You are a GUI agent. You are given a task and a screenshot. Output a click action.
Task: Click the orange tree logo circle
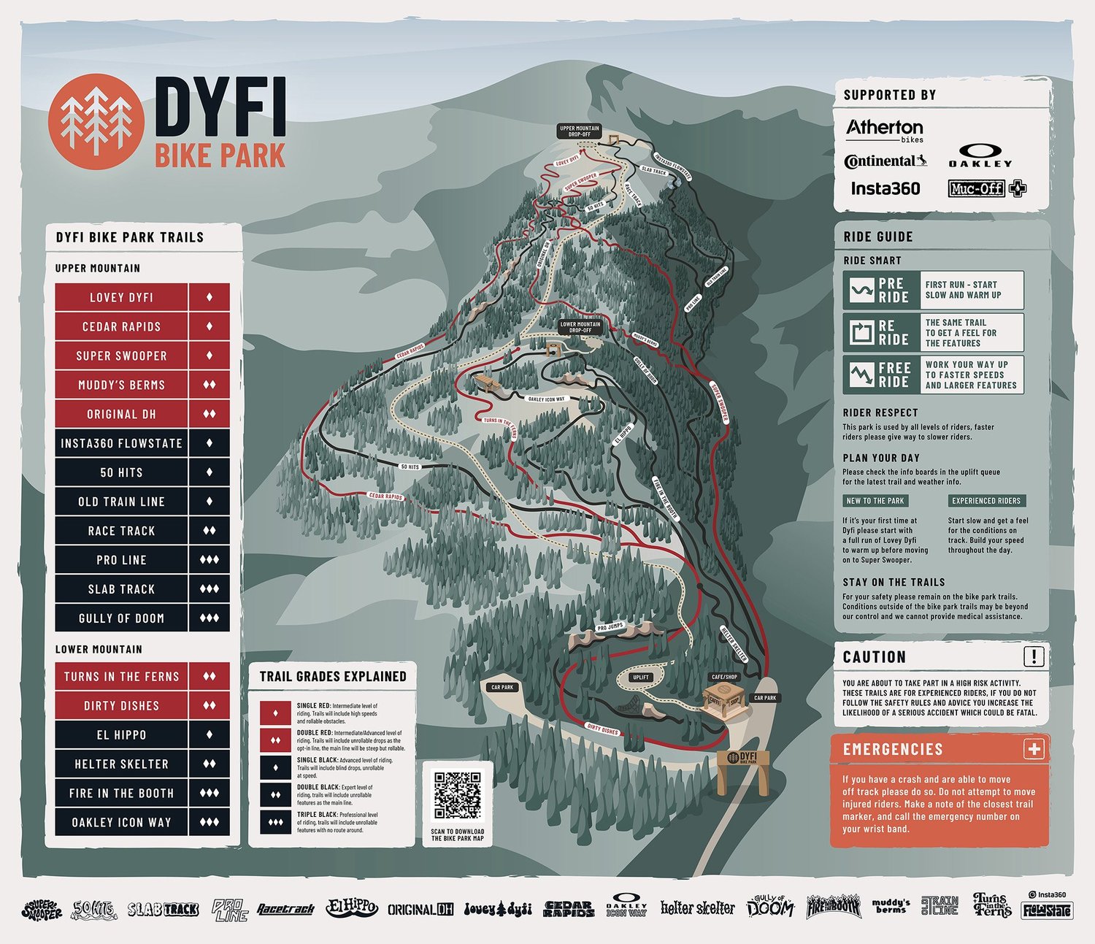95,121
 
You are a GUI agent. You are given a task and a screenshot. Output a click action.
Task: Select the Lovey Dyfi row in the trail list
122,298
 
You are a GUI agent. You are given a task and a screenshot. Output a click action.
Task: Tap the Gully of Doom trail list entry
122,618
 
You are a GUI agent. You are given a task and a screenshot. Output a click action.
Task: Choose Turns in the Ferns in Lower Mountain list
122,677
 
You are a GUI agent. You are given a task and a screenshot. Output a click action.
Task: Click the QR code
458,795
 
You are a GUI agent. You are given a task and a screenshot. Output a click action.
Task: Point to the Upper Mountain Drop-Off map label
579,131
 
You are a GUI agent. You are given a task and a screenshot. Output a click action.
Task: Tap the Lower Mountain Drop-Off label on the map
580,327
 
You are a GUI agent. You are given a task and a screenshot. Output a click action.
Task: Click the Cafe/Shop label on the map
724,677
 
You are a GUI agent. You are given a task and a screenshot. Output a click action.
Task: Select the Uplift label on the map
641,677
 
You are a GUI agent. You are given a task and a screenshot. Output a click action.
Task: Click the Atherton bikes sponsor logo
885,130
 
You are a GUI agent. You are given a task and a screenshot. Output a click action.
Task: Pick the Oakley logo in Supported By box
980,155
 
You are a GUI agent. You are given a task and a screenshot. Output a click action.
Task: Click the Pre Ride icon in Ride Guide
861,291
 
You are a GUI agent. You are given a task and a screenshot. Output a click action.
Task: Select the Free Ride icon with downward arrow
861,375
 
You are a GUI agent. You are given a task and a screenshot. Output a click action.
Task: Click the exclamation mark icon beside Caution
1034,656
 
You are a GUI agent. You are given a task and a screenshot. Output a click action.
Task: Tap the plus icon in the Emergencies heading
1034,749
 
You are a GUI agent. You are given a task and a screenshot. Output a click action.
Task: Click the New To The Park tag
875,501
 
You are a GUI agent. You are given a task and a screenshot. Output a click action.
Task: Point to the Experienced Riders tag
986,501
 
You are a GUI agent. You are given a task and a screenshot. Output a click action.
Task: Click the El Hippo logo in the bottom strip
352,908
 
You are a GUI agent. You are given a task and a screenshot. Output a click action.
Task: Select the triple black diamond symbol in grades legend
275,822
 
